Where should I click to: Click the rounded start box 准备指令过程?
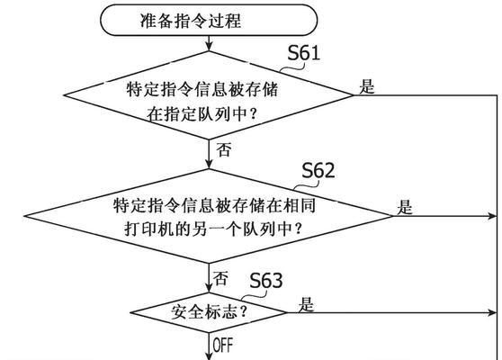coord(209,20)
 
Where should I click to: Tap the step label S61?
coord(303,53)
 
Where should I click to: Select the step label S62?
coord(318,170)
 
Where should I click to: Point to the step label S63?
coord(265,281)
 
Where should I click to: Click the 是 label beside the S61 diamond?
coord(366,86)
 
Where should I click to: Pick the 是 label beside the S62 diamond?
coord(404,207)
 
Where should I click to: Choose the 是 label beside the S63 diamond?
coord(306,304)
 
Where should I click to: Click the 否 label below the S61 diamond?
coord(223,149)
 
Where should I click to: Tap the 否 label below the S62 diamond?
coord(220,278)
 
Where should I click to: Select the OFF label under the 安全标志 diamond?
coord(223,345)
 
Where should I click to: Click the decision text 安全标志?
coord(209,312)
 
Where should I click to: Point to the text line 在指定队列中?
coord(202,113)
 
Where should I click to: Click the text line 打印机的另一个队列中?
coord(213,229)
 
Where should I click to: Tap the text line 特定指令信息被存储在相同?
coord(214,205)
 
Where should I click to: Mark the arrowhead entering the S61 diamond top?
coord(209,47)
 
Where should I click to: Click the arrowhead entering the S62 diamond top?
coord(209,165)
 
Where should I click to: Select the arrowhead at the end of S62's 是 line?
coord(491,216)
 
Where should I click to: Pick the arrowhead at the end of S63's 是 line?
coord(491,312)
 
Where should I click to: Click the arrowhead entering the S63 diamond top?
coord(209,288)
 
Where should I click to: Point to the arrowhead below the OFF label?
coord(209,355)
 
